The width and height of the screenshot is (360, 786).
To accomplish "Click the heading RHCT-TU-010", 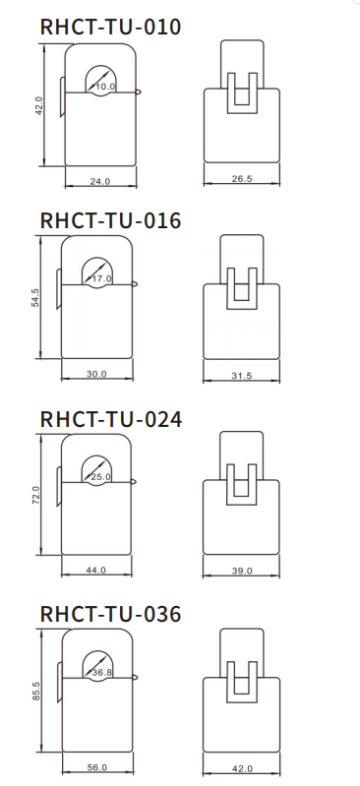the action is click(110, 28).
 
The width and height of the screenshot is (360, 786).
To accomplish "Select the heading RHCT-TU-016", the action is click(110, 220).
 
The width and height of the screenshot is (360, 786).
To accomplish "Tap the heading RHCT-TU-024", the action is click(111, 419).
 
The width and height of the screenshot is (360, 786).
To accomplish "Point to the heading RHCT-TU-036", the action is click(110, 614).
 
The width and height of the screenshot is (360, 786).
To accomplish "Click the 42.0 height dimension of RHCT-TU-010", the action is click(39, 106).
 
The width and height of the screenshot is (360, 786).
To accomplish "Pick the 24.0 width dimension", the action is click(100, 181).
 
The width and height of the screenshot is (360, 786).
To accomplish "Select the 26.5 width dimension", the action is click(242, 179).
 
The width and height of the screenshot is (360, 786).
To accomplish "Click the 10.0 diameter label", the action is click(105, 87).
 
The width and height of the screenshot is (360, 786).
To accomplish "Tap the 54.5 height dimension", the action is click(35, 298).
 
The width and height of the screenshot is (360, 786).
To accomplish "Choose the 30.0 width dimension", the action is click(96, 374).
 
